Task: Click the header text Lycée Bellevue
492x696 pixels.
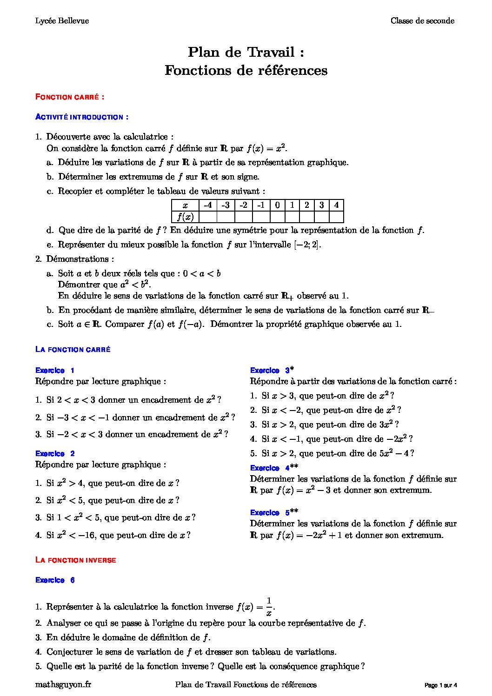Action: click(x=62, y=21)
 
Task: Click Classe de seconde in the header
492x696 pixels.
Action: click(x=422, y=21)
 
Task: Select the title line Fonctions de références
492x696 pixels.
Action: click(x=246, y=71)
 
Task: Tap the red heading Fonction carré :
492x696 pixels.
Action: click(x=70, y=97)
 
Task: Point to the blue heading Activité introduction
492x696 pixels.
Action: click(x=82, y=117)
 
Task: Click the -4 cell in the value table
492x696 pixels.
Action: click(x=208, y=205)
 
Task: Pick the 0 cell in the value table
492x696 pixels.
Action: click(x=277, y=205)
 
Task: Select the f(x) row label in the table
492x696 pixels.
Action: click(x=185, y=217)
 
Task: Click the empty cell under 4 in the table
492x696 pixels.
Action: click(x=336, y=217)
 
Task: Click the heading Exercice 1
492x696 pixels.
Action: click(x=55, y=371)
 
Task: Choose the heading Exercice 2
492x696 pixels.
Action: click(x=55, y=454)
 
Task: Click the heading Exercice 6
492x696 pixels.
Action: click(x=55, y=580)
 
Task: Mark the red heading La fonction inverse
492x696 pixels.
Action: click(x=76, y=560)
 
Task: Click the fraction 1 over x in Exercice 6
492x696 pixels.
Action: click(x=269, y=607)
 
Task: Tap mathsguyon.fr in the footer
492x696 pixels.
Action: click(x=63, y=685)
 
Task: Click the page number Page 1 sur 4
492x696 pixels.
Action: click(x=441, y=685)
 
